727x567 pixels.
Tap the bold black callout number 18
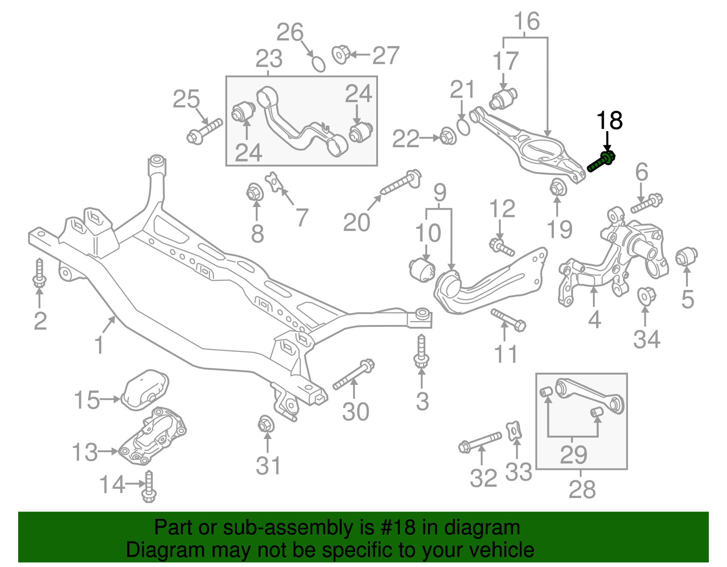coord(609,121)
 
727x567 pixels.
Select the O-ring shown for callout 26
coord(319,64)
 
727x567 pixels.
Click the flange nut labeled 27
coord(340,54)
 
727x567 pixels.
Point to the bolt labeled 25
coord(204,131)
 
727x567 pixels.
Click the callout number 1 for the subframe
coord(99,345)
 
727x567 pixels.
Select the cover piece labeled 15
coord(145,390)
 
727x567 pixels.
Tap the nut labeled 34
coord(646,296)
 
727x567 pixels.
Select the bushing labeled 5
coord(686,257)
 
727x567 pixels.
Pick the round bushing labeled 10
coord(422,270)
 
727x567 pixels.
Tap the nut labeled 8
coord(255,192)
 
